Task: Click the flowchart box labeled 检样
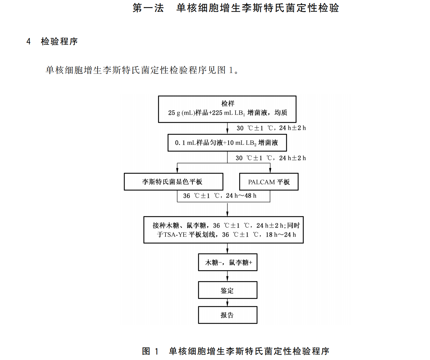227,109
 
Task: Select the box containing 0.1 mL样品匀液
227,143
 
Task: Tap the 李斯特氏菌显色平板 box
173,182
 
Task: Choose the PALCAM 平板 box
269,182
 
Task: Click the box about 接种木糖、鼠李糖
224,230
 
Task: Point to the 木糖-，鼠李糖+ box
228,262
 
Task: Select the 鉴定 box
228,290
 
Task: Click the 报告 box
228,315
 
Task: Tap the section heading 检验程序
59,42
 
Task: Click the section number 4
29,42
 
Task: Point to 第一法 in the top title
148,8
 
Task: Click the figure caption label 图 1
150,351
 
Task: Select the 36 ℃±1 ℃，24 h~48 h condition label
219,196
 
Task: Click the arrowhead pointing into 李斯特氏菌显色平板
177,170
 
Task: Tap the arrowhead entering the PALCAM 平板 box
270,170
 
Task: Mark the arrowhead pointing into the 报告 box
228,304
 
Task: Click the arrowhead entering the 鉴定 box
228,279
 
